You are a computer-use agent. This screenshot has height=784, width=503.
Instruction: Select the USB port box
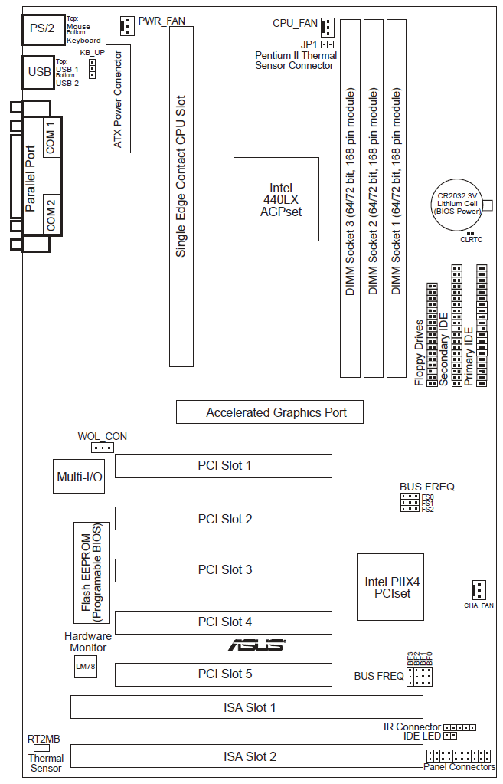pos(39,72)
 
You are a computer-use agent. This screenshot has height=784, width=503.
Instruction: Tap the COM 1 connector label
pos(51,137)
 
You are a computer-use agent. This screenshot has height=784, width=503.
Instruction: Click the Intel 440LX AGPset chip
pos(276,199)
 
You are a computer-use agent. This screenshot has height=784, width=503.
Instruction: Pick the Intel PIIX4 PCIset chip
pos(392,587)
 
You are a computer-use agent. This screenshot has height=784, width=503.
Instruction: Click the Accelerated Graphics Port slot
pos(269,412)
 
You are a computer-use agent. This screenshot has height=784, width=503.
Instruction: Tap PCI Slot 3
pos(224,570)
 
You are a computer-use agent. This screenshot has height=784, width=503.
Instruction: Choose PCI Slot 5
pos(224,674)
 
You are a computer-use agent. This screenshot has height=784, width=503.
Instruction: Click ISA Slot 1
pos(247,707)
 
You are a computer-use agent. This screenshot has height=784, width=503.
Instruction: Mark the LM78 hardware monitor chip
pos(85,667)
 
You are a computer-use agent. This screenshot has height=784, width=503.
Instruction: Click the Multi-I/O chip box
pos(80,477)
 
